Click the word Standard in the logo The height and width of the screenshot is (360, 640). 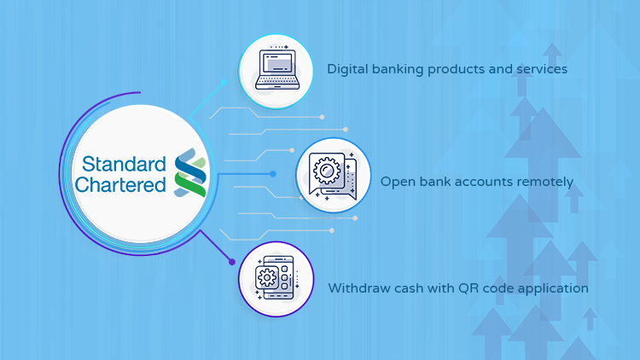[x=124, y=164]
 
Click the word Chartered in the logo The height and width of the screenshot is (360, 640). [x=120, y=184]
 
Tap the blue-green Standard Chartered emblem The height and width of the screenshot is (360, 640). [x=190, y=172]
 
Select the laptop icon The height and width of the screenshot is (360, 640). [x=277, y=68]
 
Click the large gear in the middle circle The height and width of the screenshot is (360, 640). [x=327, y=171]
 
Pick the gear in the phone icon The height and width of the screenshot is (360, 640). [x=267, y=277]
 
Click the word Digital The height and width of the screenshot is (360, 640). [x=348, y=69]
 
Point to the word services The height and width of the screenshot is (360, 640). [x=542, y=69]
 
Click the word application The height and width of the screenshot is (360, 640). [x=553, y=288]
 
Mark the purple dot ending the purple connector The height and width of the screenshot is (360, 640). [x=232, y=262]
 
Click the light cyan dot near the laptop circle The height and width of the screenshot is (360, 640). [x=224, y=83]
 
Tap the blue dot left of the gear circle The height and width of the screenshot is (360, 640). [x=273, y=174]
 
